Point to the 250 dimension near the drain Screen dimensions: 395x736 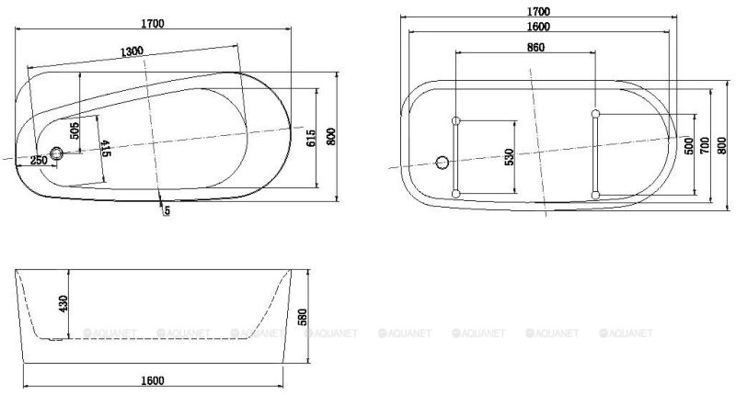39,161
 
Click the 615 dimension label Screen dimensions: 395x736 312,138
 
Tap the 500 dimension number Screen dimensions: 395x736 688,147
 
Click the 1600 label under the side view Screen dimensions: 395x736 154,379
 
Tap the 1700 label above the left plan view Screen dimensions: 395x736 154,25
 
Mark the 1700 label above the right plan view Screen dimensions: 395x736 539,11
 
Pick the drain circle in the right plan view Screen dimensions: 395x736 443,164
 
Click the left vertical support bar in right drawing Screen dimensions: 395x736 455,156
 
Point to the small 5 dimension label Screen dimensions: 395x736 167,211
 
